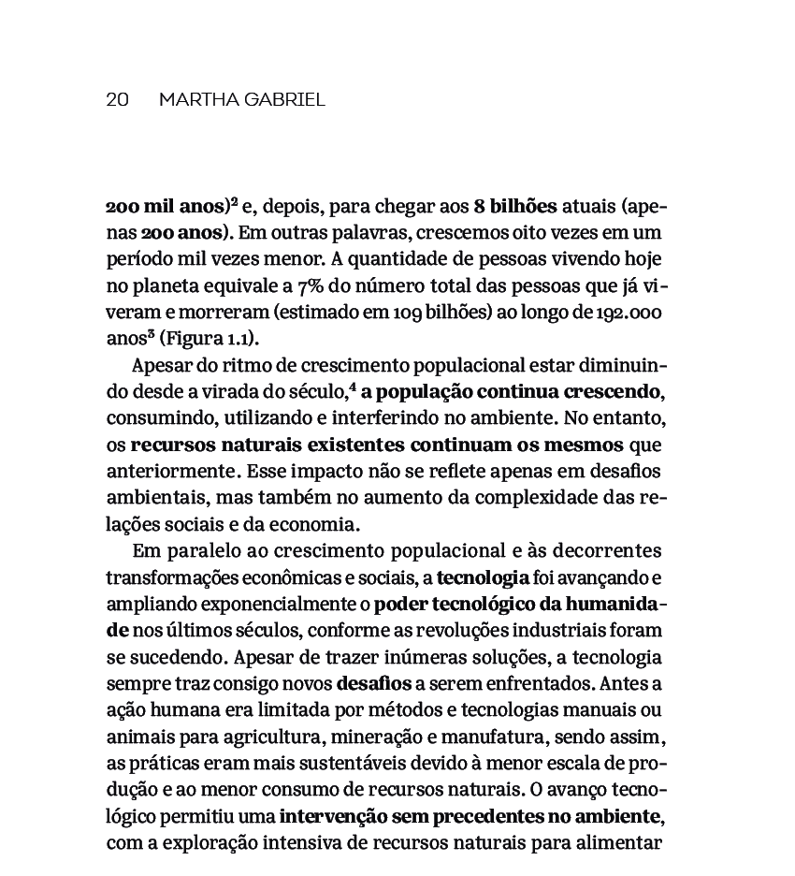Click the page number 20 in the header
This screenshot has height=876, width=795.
click(117, 100)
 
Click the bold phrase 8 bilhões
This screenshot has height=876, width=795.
click(515, 206)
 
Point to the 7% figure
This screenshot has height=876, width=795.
click(311, 285)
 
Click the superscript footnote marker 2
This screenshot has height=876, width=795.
click(235, 201)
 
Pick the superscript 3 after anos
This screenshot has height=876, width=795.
click(149, 334)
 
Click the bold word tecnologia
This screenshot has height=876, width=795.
click(483, 577)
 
